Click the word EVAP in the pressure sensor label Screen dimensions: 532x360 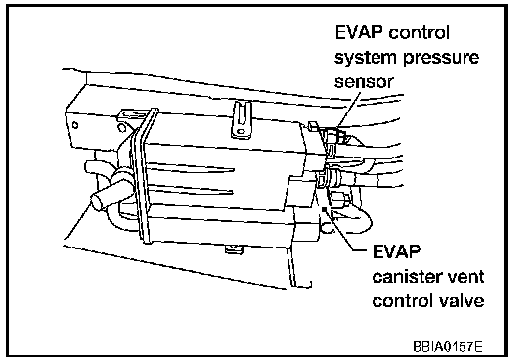[359, 33]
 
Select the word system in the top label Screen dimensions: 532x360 [366, 58]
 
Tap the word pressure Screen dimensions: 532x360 [441, 58]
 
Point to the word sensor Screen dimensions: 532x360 [364, 82]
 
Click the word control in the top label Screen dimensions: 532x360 [420, 33]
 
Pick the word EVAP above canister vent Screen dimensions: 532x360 [396, 251]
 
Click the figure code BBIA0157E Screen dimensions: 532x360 [448, 346]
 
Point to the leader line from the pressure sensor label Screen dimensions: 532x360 [348, 111]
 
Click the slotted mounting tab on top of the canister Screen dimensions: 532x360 [242, 119]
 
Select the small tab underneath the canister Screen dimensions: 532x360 [234, 249]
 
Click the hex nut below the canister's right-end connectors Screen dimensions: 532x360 [339, 200]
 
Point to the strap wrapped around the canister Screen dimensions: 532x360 [144, 175]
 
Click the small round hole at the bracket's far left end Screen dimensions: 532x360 [75, 125]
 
